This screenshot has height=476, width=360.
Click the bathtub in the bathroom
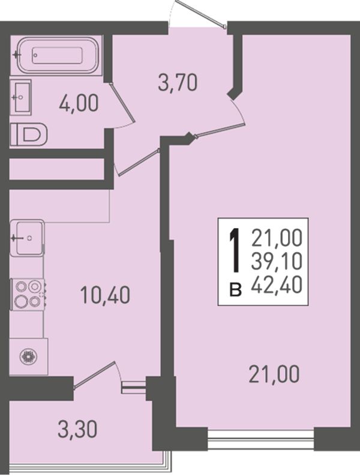pyautogui.click(x=57, y=56)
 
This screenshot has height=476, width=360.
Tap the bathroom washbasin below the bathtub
pyautogui.click(x=20, y=97)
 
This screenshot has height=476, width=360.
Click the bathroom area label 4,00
pyautogui.click(x=79, y=103)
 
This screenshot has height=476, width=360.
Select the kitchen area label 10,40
pyautogui.click(x=105, y=295)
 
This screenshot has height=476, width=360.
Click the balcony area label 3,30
pyautogui.click(x=77, y=430)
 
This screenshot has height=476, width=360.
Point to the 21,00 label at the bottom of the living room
pyautogui.click(x=274, y=374)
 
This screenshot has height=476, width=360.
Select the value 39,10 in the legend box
pyautogui.click(x=277, y=261)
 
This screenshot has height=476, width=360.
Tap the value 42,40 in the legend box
pyautogui.click(x=277, y=285)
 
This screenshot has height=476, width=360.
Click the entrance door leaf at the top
pyautogui.click(x=200, y=14)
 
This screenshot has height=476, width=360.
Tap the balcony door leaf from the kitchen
pyautogui.click(x=94, y=375)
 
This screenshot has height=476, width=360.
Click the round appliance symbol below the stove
pyautogui.click(x=29, y=357)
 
